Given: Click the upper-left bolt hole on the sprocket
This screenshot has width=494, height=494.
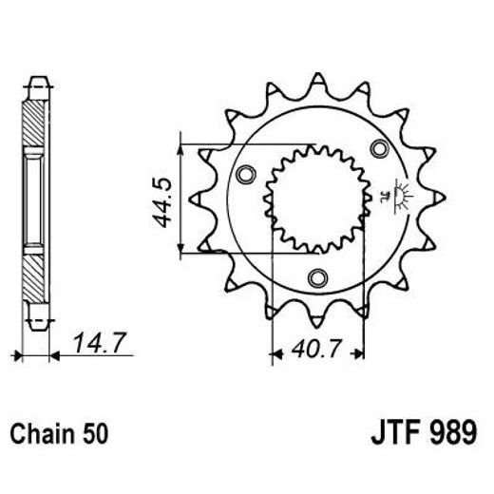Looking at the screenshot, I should pos(245,173).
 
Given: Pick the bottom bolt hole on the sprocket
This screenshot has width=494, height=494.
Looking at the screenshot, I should pos(316,277).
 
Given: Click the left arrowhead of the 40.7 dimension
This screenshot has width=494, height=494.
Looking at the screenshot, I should pos(276,355).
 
